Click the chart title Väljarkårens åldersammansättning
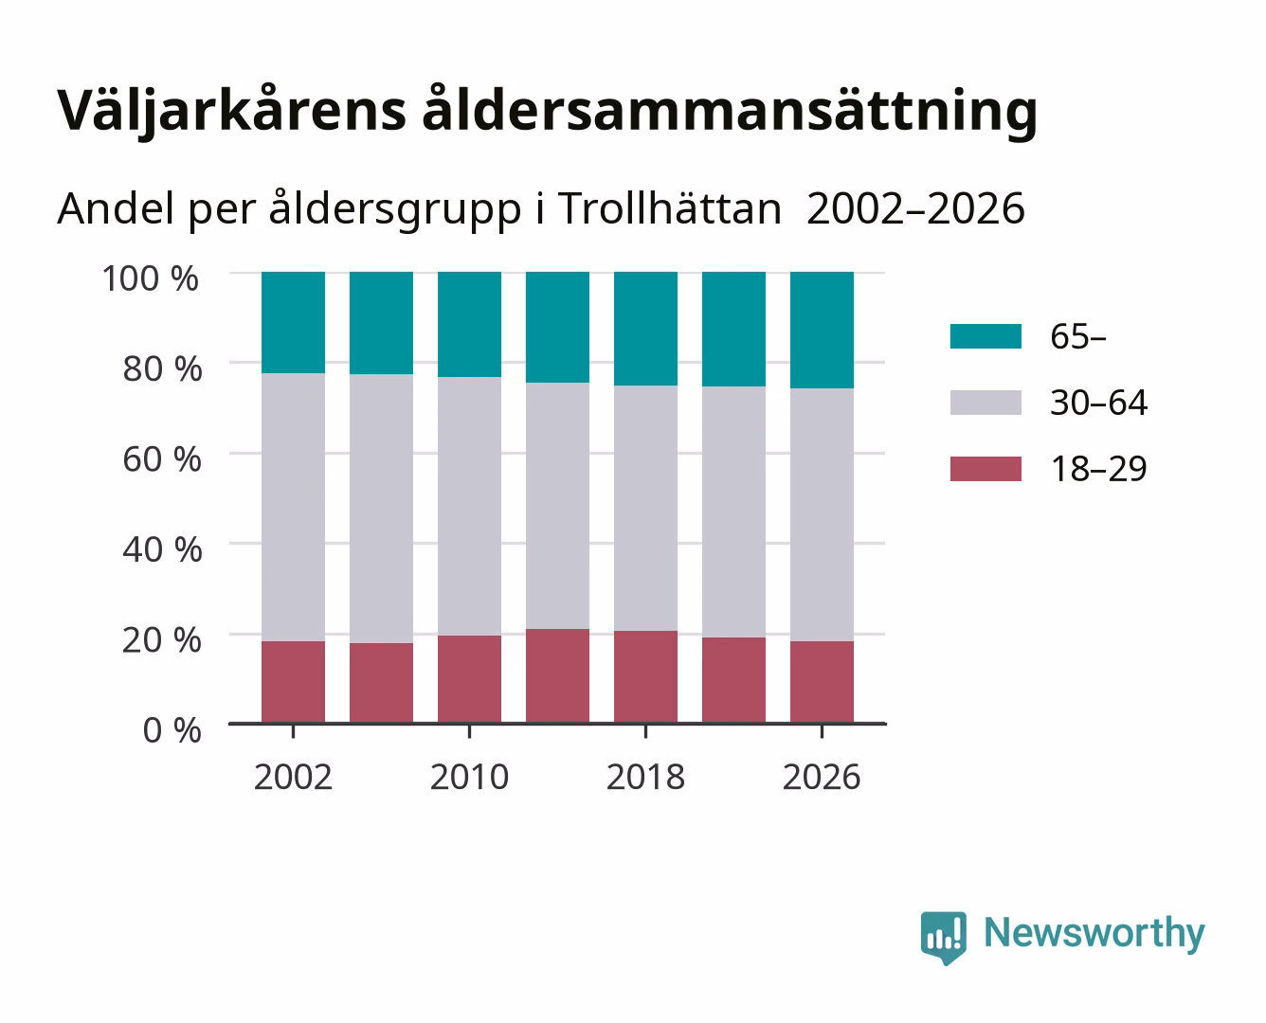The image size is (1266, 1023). coord(547,112)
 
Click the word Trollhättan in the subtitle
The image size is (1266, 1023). coord(670,208)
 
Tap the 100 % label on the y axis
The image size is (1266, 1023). coord(151,278)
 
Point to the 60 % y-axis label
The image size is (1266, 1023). coord(162,459)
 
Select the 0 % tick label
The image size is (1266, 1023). coord(172,730)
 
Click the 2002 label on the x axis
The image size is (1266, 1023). coord(293,777)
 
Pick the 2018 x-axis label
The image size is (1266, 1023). coord(645,777)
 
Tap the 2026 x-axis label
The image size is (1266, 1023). coord(822,777)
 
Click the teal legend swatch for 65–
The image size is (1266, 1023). coord(986,336)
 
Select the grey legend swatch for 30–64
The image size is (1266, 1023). coord(986,403)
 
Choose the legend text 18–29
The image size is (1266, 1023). coord(1098,469)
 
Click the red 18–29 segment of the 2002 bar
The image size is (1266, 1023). coord(293,682)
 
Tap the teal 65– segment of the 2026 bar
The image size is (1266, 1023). coord(822,331)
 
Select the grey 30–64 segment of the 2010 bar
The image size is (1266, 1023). coord(470,506)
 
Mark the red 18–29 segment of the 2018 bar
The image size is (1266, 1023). coord(645,676)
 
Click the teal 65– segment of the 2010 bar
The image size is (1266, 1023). coord(470,324)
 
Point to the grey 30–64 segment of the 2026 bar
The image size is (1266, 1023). coord(822,514)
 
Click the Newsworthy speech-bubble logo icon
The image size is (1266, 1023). coord(943,938)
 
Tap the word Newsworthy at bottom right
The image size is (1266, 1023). coord(1094,934)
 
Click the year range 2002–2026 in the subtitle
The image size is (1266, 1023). coord(915,208)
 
